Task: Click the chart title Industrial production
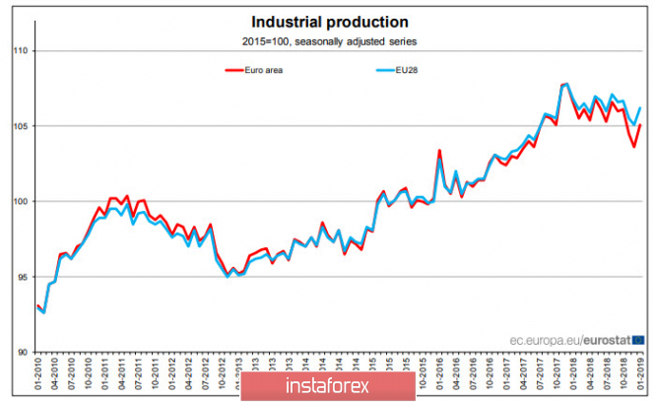(x=330, y=21)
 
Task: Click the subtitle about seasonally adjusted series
(x=330, y=40)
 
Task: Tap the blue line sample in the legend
(x=384, y=70)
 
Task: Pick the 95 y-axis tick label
(x=23, y=277)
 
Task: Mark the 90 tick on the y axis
(x=23, y=352)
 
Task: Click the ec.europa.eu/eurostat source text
(x=571, y=340)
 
